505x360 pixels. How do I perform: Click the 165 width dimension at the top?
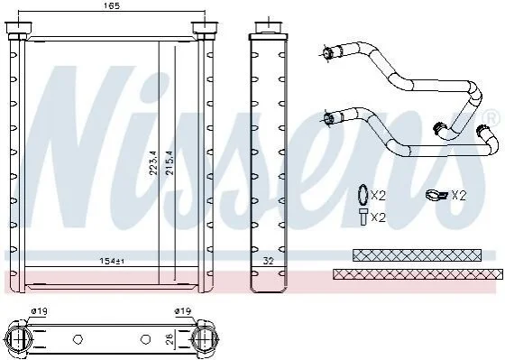[112, 5]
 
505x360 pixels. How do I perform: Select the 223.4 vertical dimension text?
[153, 162]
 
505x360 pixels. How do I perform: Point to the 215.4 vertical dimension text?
[170, 162]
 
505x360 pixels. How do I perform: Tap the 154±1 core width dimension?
[112, 261]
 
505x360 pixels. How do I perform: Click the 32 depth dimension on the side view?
[268, 261]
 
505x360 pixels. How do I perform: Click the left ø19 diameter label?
[40, 311]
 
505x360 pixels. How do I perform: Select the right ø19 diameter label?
[183, 311]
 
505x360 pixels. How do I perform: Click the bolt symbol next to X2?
[363, 217]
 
